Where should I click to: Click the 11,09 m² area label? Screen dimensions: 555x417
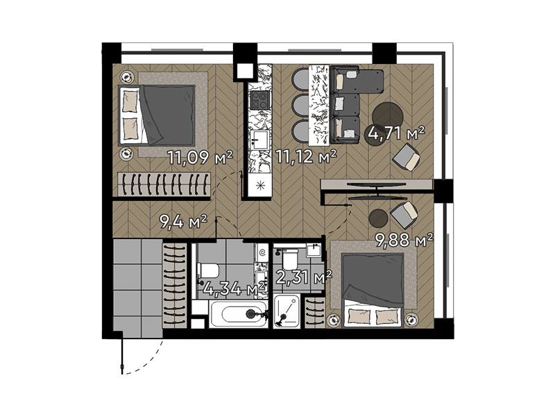[x=200, y=158]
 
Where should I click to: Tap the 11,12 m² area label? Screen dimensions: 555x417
[x=306, y=156]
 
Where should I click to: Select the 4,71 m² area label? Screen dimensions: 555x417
[x=396, y=133]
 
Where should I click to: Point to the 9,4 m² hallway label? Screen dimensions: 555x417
[x=183, y=222]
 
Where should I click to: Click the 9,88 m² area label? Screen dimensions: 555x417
[x=404, y=240]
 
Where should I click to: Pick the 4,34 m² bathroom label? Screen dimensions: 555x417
[x=234, y=288]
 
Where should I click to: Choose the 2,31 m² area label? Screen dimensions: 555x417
[x=304, y=277]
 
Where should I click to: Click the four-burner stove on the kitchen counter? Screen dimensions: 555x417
[x=259, y=99]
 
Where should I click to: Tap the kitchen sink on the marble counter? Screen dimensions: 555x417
[x=259, y=140]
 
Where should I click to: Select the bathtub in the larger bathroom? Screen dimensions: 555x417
[x=239, y=314]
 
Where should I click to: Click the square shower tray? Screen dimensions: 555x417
[x=287, y=311]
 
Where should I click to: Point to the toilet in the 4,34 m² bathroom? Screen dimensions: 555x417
[x=207, y=270]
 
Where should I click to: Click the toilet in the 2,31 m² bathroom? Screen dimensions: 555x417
[x=291, y=259]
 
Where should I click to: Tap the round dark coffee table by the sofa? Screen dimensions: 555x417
[x=388, y=117]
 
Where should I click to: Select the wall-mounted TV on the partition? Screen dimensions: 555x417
[x=376, y=185]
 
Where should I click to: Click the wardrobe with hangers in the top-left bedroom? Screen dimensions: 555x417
[x=164, y=184]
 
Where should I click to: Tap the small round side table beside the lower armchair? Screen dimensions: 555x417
[x=378, y=218]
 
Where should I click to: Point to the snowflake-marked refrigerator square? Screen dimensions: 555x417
[x=259, y=186]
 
